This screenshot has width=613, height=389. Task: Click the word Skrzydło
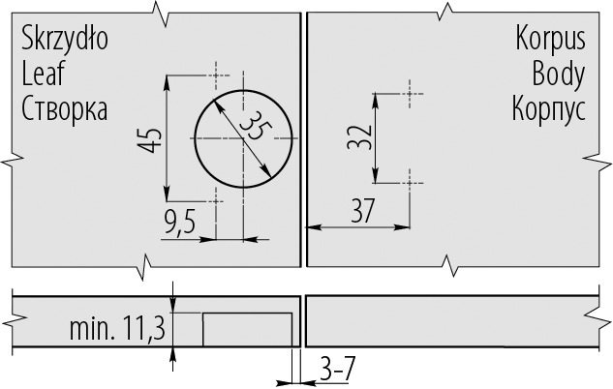pyautogui.click(x=65, y=39)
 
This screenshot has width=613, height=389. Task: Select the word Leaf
pyautogui.click(x=43, y=75)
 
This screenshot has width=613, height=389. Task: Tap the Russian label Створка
pyautogui.click(x=64, y=109)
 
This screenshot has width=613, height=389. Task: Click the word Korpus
pyautogui.click(x=550, y=39)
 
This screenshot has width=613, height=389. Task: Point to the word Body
pyautogui.click(x=558, y=75)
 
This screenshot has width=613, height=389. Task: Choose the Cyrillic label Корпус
pyautogui.click(x=549, y=110)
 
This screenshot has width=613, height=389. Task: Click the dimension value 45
pyautogui.click(x=149, y=139)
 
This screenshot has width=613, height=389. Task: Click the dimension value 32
pyautogui.click(x=359, y=137)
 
